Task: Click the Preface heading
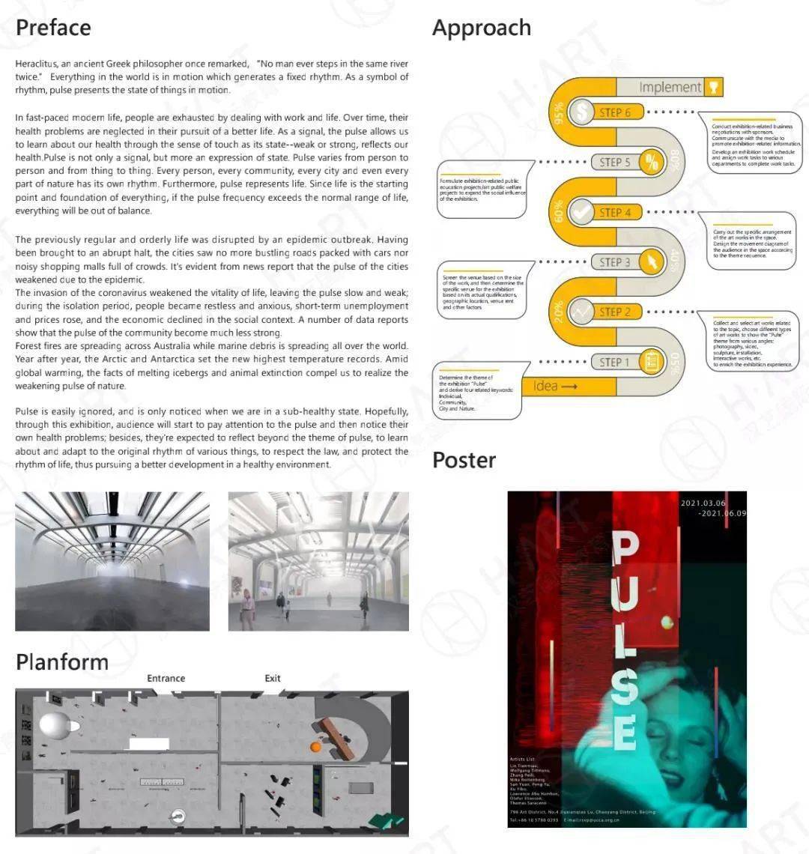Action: coord(53,28)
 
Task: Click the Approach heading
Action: coord(482,28)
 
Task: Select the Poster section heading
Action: coord(464,460)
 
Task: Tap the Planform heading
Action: coord(62,662)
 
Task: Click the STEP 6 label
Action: coord(615,112)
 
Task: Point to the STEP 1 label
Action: coord(615,363)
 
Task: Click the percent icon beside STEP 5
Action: coord(652,162)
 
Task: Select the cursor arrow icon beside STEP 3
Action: coord(652,262)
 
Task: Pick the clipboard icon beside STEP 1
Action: coord(652,363)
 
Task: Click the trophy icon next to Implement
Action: coord(714,87)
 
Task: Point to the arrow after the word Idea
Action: coord(569,387)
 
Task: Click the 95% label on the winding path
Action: coord(558,114)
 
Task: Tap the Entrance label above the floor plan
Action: coord(166,679)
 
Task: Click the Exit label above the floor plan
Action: coord(273,679)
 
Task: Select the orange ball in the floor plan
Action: coord(316,746)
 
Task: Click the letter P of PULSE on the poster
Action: coord(626,549)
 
